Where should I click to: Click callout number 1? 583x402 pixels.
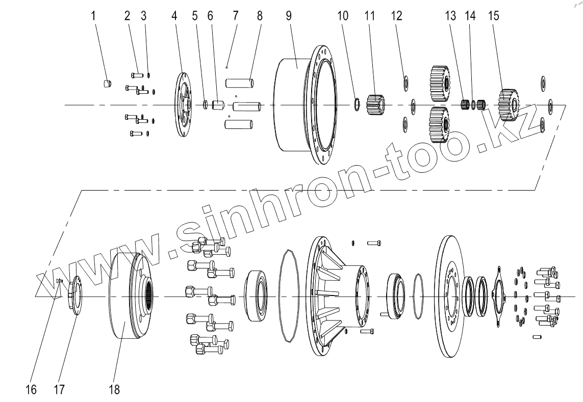(x=93, y=16)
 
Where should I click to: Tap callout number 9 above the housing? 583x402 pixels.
(x=289, y=16)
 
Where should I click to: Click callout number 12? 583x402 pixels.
(x=397, y=16)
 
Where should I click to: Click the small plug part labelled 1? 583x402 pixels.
(x=107, y=83)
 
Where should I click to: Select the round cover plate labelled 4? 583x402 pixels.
(x=183, y=105)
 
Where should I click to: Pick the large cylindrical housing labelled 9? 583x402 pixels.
(x=307, y=105)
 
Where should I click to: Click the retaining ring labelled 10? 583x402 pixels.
(x=356, y=104)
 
